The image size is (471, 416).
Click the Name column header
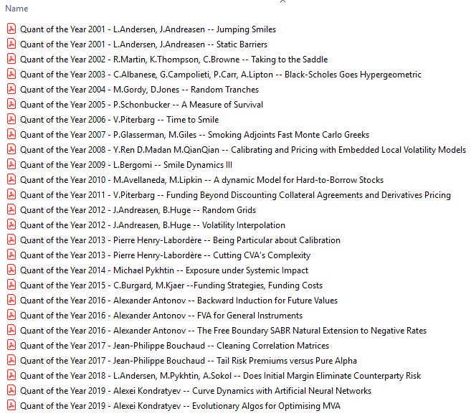(x=16, y=9)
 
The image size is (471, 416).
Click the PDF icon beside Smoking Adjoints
(x=11, y=135)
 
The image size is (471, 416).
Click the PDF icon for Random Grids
(x=11, y=210)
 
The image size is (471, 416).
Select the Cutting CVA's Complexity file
(x=165, y=255)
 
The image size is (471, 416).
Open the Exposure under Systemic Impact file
(x=164, y=270)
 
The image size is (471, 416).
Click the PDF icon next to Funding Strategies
(x=11, y=285)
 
